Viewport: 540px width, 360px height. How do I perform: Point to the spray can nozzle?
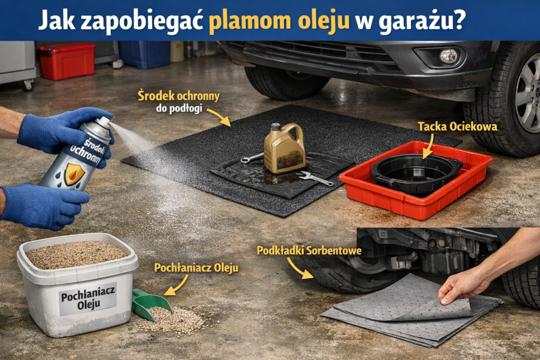[x=104, y=123]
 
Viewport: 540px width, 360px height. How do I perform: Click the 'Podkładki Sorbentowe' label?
[x=308, y=250]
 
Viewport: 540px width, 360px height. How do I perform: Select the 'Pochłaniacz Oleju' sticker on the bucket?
[x=88, y=298]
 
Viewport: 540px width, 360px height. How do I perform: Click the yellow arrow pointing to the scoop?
[x=176, y=285]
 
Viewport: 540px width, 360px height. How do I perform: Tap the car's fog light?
[x=448, y=56]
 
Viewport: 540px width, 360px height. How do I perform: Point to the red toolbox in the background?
[x=66, y=61]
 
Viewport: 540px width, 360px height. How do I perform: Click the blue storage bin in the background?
[x=144, y=54]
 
